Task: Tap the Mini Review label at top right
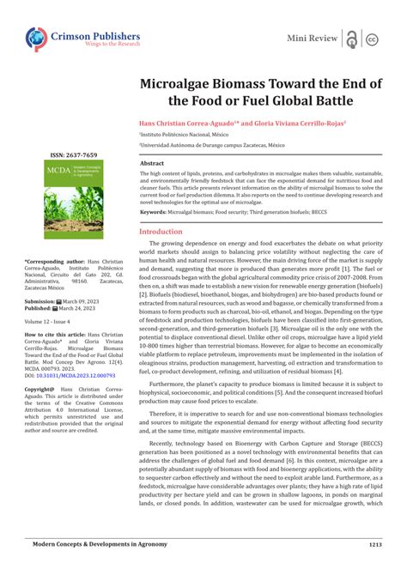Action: pyautogui.click(x=311, y=39)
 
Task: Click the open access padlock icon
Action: pyautogui.click(x=351, y=39)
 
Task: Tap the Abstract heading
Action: pyautogui.click(x=152, y=162)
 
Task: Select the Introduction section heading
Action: pyautogui.click(x=161, y=232)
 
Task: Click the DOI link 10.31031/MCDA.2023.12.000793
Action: pyautogui.click(x=73, y=375)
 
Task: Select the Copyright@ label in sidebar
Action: pyautogui.click(x=40, y=388)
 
